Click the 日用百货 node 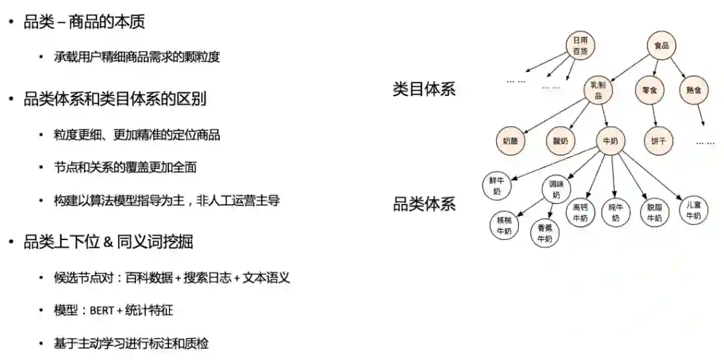[581, 46]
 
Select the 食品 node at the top [662, 46]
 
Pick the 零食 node [649, 90]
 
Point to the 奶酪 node [511, 141]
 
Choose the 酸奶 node [560, 141]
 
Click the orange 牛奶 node [611, 141]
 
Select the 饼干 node [658, 141]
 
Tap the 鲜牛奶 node [497, 186]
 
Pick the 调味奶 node [556, 189]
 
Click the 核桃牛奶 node [503, 225]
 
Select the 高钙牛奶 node [581, 212]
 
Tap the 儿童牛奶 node [693, 210]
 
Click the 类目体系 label [424, 89]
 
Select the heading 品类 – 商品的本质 [84, 22]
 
